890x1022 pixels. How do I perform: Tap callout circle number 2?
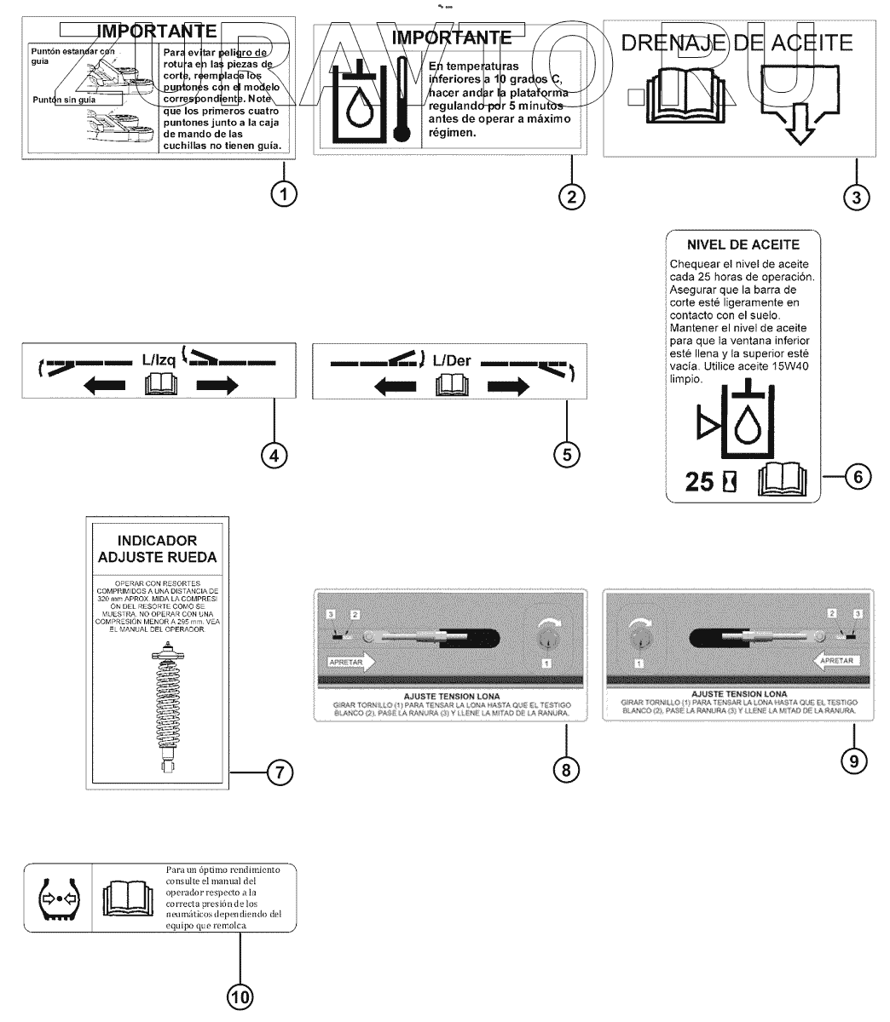[571, 196]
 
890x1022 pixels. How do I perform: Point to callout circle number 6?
[858, 477]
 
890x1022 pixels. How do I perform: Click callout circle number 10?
[240, 995]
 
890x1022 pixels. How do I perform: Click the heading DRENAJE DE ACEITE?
[737, 42]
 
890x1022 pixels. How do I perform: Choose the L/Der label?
[451, 360]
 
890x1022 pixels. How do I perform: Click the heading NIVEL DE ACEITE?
[740, 244]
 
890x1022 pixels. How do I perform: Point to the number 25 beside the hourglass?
[700, 483]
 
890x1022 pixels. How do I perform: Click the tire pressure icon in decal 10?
[59, 899]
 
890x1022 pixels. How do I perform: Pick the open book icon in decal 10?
[126, 899]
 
